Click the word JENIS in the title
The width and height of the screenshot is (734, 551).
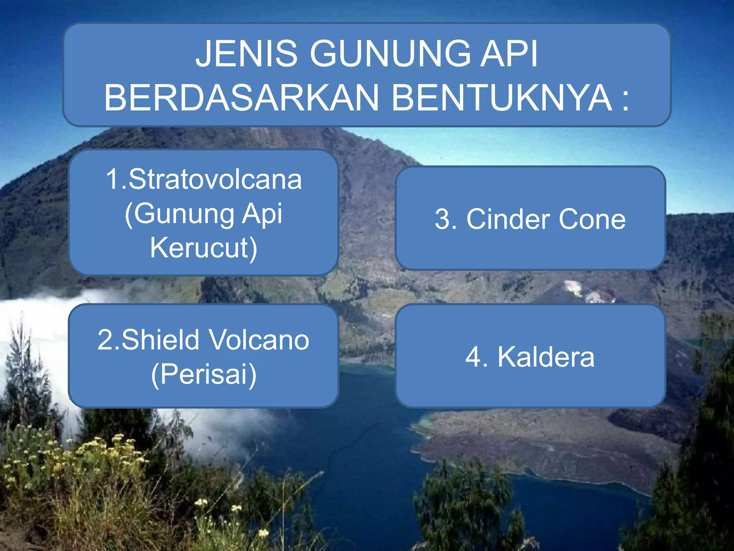[x=247, y=54]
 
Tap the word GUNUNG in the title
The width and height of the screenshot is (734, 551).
[x=390, y=54]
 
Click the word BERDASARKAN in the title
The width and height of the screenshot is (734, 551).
[x=241, y=98]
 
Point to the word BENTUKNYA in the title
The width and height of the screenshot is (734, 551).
[x=502, y=98]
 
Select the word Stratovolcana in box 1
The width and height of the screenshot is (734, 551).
[x=215, y=179]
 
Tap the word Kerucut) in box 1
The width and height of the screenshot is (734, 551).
[x=204, y=248]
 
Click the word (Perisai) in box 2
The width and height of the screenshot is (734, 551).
[x=204, y=374]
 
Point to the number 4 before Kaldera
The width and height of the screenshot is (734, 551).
[x=474, y=357]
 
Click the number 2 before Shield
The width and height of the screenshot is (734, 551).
[x=105, y=340]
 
